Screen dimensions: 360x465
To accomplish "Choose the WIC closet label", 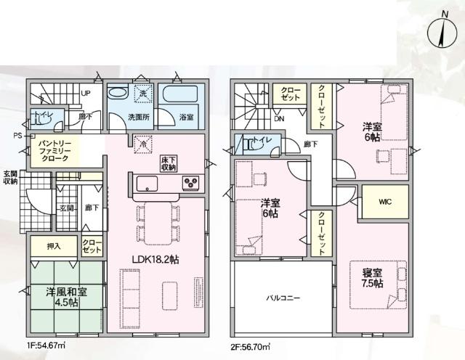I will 384,202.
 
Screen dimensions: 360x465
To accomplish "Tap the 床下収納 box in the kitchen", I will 169,163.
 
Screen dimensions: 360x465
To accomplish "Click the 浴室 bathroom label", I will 185,115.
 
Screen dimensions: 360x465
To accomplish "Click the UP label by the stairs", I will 86,94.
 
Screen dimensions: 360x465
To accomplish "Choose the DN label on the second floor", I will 279,119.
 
